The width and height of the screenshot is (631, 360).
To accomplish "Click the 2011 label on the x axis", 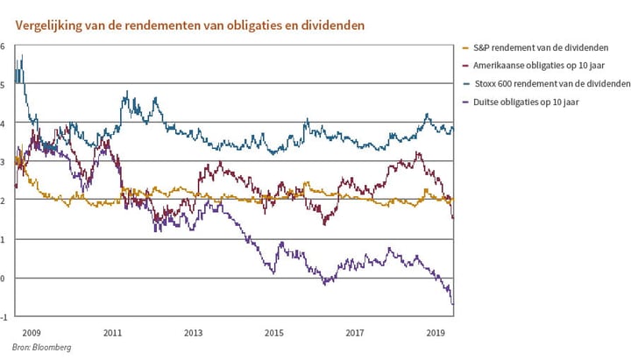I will (x=111, y=334).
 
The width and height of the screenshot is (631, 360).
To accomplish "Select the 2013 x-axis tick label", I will (x=193, y=334).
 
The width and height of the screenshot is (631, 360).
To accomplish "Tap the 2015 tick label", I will (x=274, y=334).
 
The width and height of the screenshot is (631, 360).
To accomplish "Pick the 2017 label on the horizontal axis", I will (x=355, y=334).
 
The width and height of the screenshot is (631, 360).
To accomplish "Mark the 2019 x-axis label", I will (x=436, y=334).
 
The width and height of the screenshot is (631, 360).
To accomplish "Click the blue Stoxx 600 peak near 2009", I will (x=21, y=56).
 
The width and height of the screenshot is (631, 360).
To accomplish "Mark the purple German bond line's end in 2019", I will (x=453, y=304).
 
